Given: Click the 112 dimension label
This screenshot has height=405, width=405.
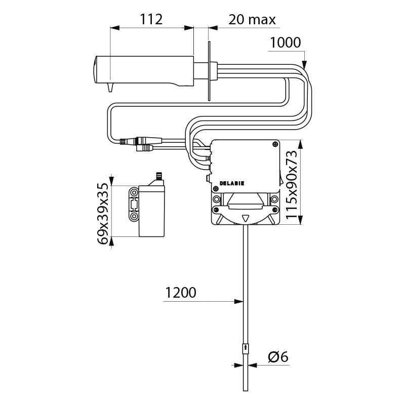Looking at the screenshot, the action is [151, 19].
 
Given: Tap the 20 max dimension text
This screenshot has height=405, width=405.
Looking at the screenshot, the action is [252, 20].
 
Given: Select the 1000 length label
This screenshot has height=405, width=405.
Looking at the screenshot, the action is [286, 43].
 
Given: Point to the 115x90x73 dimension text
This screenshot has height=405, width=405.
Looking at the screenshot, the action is [292, 184].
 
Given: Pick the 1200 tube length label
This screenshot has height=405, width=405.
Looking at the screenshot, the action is [181, 293].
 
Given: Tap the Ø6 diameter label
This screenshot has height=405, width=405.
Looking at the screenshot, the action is [278, 357].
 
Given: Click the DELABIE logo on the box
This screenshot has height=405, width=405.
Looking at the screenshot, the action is [232, 183].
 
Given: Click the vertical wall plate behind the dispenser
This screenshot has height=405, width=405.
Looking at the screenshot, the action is [209, 71].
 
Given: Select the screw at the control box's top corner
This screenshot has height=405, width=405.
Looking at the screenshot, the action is [275, 144].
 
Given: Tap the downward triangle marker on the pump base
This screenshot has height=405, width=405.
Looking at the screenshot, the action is [245, 219].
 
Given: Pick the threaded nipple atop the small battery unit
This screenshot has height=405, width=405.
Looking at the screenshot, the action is [158, 176].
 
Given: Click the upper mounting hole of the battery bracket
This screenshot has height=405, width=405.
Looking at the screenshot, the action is [134, 192].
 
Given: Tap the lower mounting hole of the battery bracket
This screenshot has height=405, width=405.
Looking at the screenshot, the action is [134, 216].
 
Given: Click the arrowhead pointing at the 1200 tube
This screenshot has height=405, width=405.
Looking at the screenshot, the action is [238, 301].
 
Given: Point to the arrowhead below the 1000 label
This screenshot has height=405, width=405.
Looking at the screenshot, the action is [305, 65].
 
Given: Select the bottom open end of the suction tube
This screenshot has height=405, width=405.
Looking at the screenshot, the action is [246, 390].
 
